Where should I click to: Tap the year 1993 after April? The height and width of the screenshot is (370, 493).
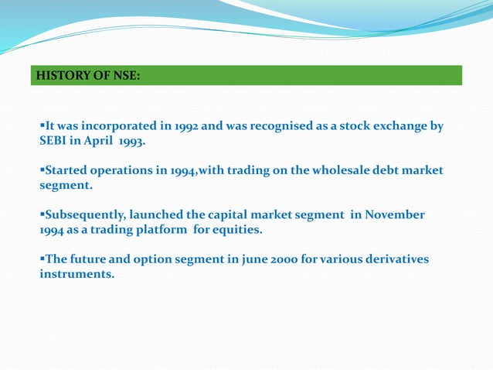[129, 142]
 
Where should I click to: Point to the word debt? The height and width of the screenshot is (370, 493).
[389, 170]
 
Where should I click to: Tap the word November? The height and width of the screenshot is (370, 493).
[393, 214]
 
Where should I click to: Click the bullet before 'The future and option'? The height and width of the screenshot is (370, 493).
[42, 259]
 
